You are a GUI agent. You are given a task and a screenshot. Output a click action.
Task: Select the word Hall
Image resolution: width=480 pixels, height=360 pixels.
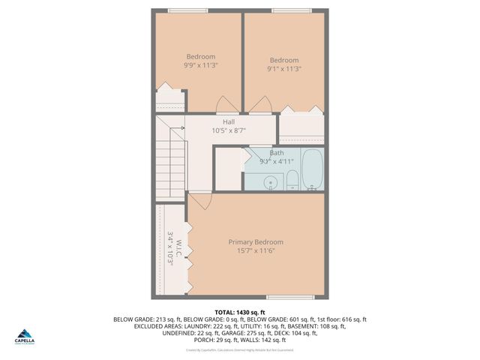click(x=229, y=121)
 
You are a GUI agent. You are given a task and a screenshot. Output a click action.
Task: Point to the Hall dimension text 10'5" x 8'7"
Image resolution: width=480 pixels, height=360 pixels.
click(x=229, y=130)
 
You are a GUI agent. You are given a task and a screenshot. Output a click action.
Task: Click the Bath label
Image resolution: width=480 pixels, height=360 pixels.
click(x=277, y=152)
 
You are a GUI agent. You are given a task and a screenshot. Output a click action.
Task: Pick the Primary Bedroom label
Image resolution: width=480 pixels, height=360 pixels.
click(x=256, y=241)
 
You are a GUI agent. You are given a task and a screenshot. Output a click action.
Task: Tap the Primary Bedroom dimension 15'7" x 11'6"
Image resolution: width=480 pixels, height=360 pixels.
click(x=256, y=250)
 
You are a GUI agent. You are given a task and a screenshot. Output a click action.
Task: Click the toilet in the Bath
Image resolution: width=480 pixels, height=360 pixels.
click(x=292, y=180)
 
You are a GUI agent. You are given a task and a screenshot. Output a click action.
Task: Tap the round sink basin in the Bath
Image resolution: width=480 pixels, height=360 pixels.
click(x=270, y=181)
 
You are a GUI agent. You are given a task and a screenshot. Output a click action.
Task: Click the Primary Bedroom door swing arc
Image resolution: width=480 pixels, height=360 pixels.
click(x=200, y=201)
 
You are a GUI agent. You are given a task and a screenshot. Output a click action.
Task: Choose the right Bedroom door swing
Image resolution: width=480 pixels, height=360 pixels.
click(x=264, y=104)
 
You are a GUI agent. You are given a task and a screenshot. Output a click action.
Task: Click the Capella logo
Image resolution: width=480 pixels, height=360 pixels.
click(x=24, y=335)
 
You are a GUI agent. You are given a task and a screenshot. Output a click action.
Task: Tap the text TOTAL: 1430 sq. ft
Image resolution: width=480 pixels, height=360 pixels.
click(x=239, y=312)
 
